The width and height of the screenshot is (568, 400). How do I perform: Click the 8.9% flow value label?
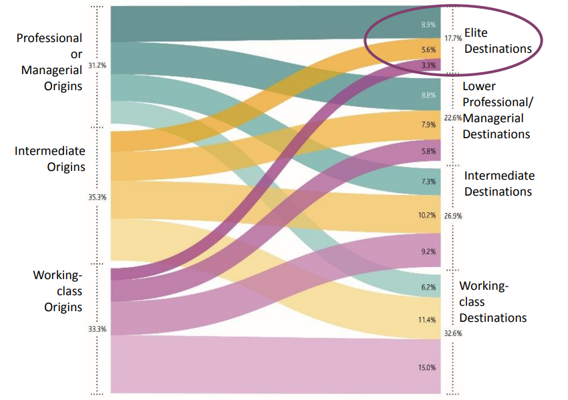point(428,25)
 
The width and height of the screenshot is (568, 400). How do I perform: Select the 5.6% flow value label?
point(428,49)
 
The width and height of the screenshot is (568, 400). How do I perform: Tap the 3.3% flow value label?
point(428,65)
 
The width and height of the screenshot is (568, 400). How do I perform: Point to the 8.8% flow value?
point(428,95)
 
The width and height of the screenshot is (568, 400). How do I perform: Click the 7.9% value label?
point(428,124)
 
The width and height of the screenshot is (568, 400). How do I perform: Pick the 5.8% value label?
point(428,152)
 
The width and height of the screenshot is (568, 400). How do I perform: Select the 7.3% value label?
point(428,182)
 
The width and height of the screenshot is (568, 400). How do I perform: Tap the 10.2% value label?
point(427,215)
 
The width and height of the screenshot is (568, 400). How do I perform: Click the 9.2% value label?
point(428,252)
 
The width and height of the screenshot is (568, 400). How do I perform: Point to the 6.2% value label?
point(428,287)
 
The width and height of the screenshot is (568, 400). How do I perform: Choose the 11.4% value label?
point(427,320)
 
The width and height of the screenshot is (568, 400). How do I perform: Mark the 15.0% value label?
point(427,367)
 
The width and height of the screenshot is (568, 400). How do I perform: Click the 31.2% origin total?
point(96,65)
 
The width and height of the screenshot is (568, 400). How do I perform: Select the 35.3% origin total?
point(98,197)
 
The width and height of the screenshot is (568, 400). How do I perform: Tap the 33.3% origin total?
point(98,329)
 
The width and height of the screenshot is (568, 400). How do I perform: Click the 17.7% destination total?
point(453,40)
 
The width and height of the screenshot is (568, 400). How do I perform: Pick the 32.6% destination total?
point(453,333)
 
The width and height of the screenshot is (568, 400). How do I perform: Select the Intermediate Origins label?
point(50,158)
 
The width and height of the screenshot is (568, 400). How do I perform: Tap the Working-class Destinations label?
point(492,302)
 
